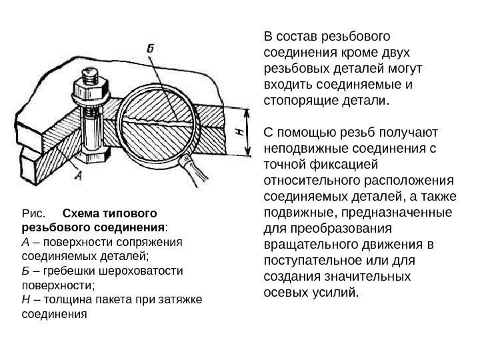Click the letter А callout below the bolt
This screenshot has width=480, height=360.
[78, 177]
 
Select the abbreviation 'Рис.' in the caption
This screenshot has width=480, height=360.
[33, 214]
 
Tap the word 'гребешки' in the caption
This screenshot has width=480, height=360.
[62, 271]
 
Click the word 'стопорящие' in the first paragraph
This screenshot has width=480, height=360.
[299, 100]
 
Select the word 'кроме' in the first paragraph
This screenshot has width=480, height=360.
[365, 52]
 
